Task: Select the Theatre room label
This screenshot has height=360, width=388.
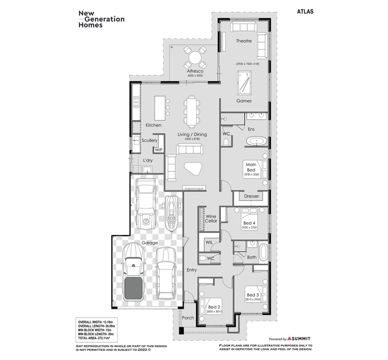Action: point(244,40)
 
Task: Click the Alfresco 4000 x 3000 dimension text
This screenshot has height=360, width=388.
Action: point(195,76)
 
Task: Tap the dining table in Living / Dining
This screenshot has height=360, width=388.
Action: point(191,111)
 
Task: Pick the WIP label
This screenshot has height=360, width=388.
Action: point(159,150)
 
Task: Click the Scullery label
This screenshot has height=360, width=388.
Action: point(150,140)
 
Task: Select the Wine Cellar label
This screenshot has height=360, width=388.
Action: point(211,219)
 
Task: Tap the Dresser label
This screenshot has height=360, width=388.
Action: point(251,196)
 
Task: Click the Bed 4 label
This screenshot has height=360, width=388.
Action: point(249,223)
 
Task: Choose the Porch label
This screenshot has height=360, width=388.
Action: point(188,318)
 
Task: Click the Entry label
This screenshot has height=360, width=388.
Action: point(191,270)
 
